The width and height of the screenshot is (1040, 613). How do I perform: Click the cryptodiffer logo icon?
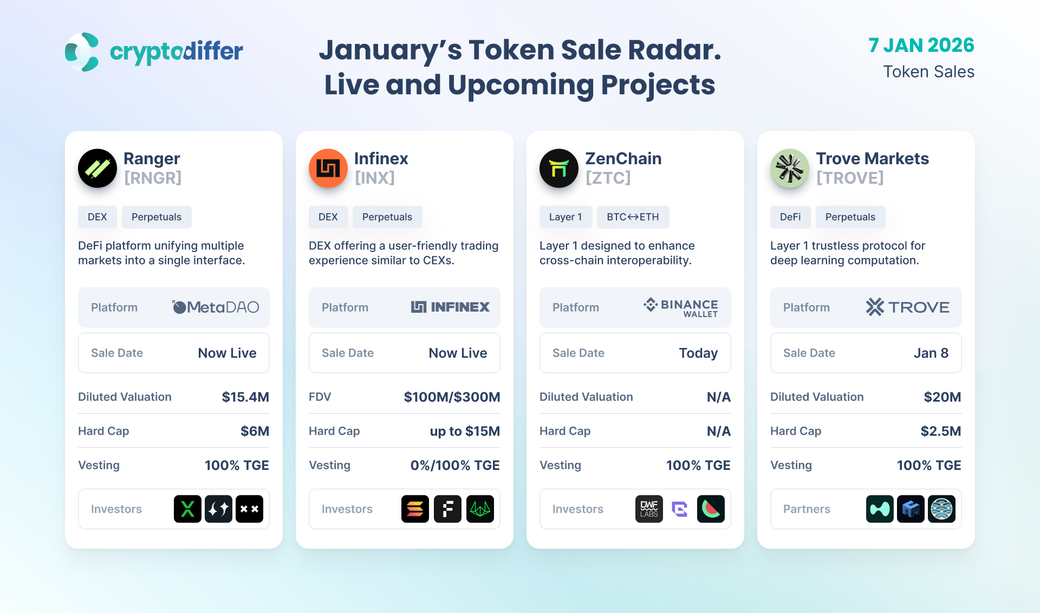tap(82, 52)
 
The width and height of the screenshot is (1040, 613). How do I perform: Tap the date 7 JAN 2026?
tap(921, 45)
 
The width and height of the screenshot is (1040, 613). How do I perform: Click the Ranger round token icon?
tap(97, 169)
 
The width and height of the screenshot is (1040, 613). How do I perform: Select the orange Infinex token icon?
tap(328, 169)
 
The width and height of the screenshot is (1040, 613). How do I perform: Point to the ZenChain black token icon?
tap(559, 169)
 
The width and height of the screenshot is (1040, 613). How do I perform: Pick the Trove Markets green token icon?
tap(790, 169)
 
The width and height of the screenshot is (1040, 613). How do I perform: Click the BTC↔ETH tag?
tap(633, 217)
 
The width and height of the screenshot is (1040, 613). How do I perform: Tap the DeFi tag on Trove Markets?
tap(790, 217)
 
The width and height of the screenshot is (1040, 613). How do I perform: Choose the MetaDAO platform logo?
tap(216, 307)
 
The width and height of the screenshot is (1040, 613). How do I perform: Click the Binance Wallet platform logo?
tap(681, 307)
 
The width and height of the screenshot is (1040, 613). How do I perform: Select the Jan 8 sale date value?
tap(931, 353)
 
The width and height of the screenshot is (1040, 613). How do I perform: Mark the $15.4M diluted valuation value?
tap(245, 397)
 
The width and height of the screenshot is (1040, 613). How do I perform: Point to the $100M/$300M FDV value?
tap(452, 397)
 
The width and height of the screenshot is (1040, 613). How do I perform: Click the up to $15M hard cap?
tap(465, 431)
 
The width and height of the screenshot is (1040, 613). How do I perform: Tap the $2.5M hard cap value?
tap(941, 431)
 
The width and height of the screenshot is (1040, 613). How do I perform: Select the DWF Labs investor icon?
tap(649, 509)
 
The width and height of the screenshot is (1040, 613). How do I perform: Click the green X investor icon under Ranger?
tap(187, 509)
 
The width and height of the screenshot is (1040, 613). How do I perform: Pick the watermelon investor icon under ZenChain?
tap(711, 509)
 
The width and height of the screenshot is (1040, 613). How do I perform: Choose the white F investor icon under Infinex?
tap(447, 509)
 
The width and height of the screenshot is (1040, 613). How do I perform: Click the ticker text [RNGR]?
tap(153, 178)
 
